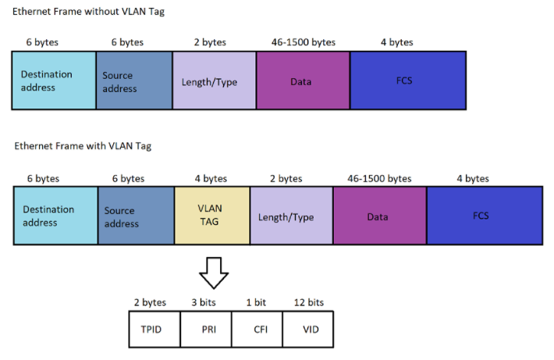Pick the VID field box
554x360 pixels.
tap(310, 329)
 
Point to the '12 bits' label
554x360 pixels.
tap(309, 301)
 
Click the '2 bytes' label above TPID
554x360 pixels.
tap(151, 301)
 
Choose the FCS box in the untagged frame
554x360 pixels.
tap(407, 80)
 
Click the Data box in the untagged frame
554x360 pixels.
tap(302, 80)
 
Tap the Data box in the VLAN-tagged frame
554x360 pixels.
tap(379, 216)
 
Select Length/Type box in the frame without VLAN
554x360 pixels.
tap(214, 80)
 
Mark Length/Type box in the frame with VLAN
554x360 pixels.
tap(291, 216)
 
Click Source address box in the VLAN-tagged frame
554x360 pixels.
tap(136, 216)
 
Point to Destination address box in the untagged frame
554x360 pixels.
tap(54, 80)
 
